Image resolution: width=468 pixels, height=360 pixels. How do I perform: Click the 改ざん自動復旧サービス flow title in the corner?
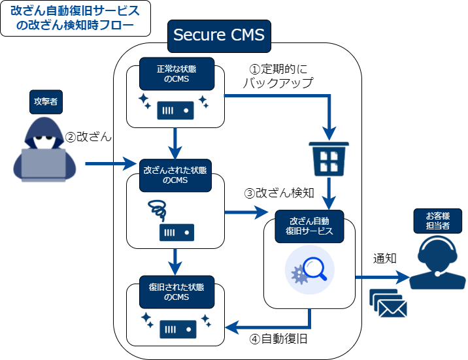tap(75, 18)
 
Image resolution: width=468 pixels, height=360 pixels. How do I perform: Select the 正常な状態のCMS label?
tap(175, 74)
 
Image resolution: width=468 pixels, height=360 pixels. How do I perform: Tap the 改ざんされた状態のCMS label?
tap(175, 174)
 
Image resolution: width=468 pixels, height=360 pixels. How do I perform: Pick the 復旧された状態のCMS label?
tap(175, 292)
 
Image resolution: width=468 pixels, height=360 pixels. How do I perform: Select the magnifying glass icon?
tap(311, 269)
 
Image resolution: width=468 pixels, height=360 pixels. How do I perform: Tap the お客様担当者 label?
tap(438, 221)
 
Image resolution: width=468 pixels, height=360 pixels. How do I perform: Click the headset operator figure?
tap(437, 262)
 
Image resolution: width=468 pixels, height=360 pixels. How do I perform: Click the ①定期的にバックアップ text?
tap(278, 76)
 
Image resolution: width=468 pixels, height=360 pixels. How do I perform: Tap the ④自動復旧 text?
tap(279, 339)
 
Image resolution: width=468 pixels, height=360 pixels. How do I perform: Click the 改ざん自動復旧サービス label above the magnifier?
tap(310, 226)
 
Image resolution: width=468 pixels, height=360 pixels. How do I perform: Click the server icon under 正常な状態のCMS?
tap(176, 110)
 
